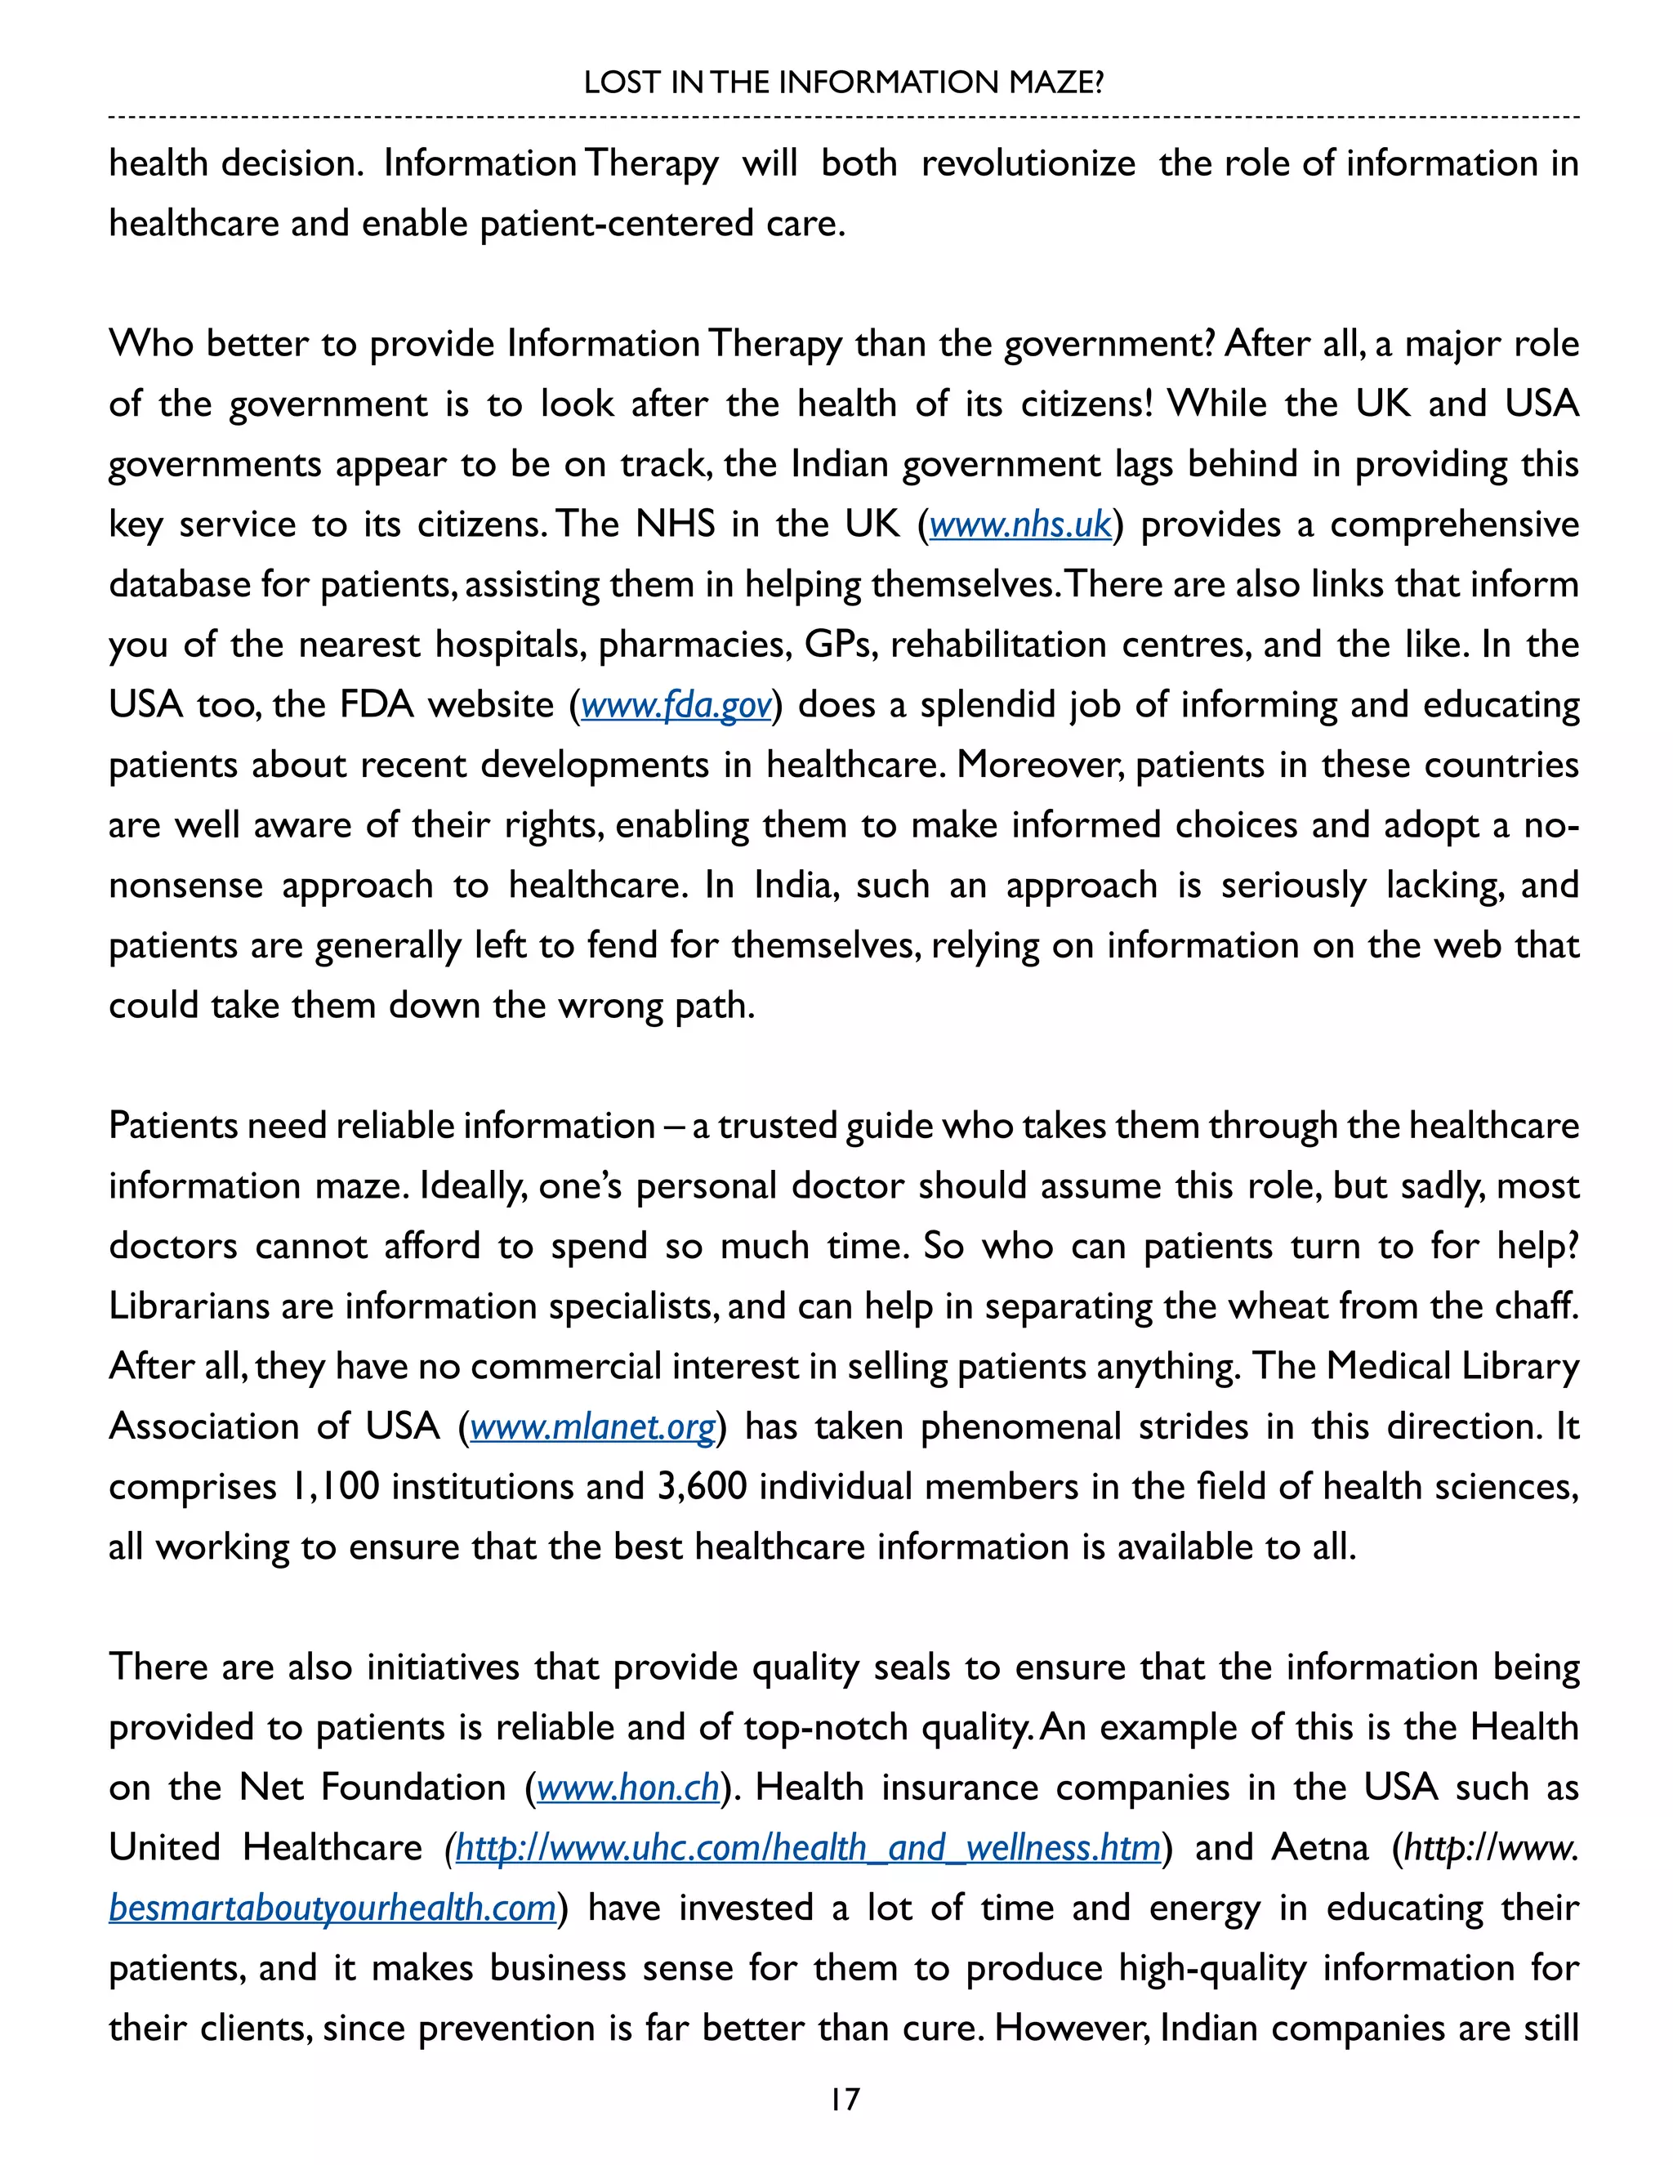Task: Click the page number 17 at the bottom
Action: [x=845, y=2099]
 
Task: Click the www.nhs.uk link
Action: [x=1019, y=525]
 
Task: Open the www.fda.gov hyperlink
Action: [x=676, y=705]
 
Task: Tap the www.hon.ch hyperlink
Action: [x=627, y=1788]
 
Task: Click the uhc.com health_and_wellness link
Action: [x=808, y=1848]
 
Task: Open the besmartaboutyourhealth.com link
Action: [x=332, y=1908]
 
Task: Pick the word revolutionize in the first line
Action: [x=1028, y=163]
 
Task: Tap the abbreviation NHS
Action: [x=675, y=525]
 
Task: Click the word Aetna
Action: [x=1319, y=1848]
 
